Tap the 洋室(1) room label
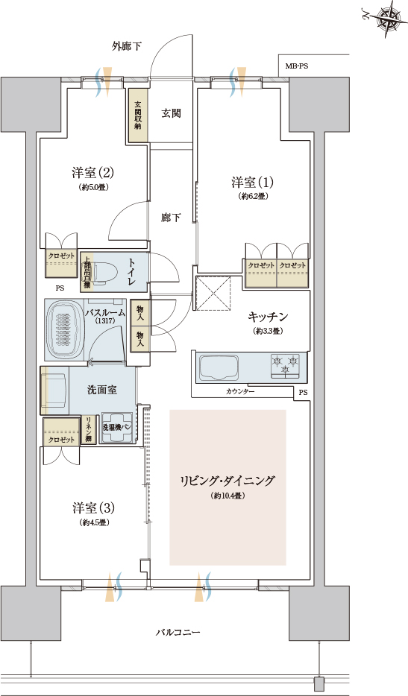click(252, 183)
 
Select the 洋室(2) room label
click(92, 173)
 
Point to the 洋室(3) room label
click(92, 508)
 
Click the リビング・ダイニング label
click(227, 481)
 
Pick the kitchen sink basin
click(217, 366)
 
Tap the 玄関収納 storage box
click(138, 116)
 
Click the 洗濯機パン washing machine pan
click(117, 429)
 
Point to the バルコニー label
click(178, 632)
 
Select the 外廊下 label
click(128, 46)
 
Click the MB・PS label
click(297, 66)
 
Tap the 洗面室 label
click(100, 389)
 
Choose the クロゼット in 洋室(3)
click(61, 431)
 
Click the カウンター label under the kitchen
click(239, 392)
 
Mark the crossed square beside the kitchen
click(214, 294)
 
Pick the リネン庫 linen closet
click(88, 430)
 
